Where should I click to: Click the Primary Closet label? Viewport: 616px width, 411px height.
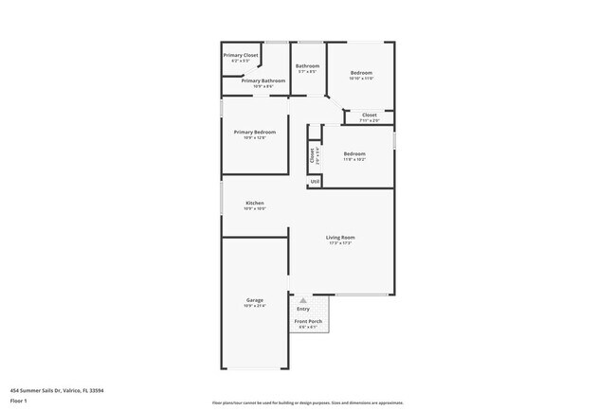241,55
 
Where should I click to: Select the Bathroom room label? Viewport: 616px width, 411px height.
307,65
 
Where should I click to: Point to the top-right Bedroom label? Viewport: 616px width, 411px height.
361,73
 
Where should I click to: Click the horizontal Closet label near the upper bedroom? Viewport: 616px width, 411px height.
369,115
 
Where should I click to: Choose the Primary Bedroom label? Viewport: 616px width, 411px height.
255,132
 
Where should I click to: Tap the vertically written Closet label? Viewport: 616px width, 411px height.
312,156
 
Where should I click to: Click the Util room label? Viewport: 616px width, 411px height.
315,181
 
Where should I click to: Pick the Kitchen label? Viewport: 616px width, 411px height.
255,203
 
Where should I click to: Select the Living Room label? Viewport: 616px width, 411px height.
340,237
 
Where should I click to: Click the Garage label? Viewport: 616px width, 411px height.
255,300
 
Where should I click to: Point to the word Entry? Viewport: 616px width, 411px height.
303,309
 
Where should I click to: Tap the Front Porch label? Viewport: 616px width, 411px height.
308,321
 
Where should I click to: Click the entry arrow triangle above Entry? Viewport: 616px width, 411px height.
303,300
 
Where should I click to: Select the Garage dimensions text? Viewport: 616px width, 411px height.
255,306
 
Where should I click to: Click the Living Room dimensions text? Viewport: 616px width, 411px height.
340,242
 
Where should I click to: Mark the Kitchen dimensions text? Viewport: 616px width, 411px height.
255,208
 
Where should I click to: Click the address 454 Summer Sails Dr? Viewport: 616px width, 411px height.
57,389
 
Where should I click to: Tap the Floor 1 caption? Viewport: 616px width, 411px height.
18,401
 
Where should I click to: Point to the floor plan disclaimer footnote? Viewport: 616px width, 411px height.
308,402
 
